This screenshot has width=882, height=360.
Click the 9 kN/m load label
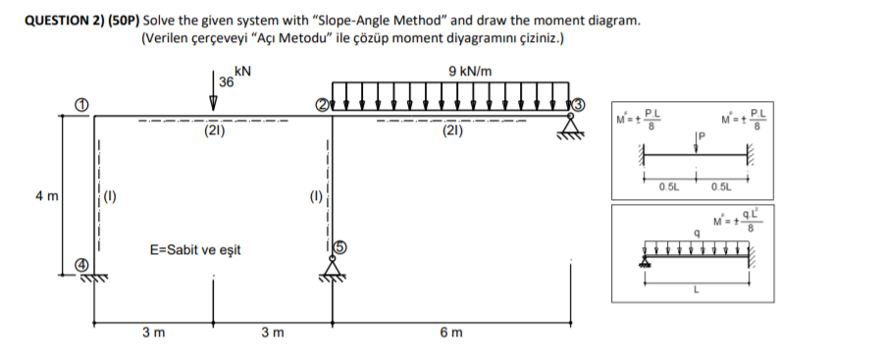(x=470, y=71)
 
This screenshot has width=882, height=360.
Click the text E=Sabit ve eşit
(x=194, y=250)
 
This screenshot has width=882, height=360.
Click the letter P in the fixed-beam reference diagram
(x=700, y=138)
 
